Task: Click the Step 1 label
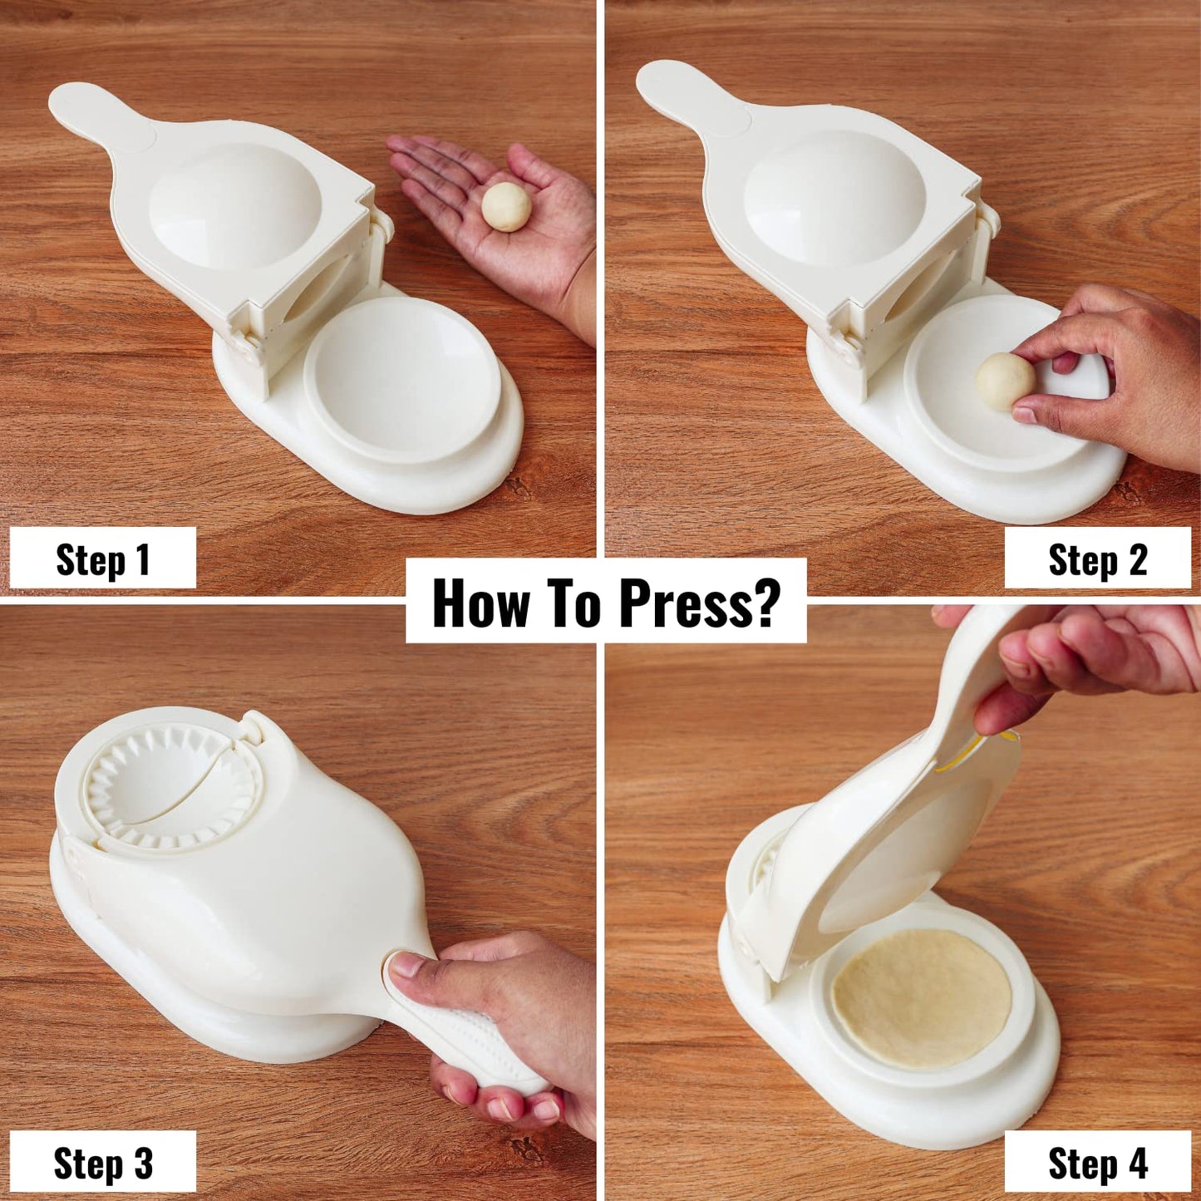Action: pos(102,559)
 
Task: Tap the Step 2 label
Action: pos(1097,559)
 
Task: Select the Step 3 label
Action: pos(102,1163)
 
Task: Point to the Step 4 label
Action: pos(1097,1163)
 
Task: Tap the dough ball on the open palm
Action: pos(506,206)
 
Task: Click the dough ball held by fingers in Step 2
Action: pos(1005,381)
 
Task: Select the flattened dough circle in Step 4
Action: pos(921,997)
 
